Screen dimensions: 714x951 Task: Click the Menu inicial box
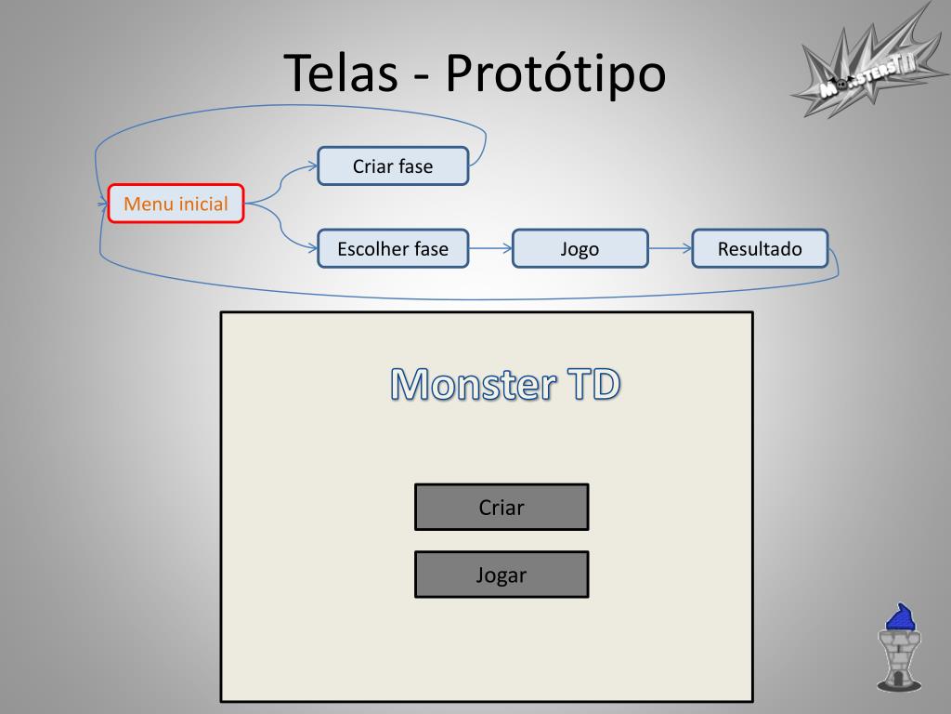(x=176, y=204)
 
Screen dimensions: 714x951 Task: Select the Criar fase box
(x=392, y=166)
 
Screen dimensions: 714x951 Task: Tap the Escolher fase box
(x=392, y=248)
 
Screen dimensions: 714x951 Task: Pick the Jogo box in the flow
(x=580, y=248)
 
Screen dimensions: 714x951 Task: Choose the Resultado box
(x=759, y=248)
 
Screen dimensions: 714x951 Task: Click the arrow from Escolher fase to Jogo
(x=490, y=248)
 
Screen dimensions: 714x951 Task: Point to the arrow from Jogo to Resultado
(x=670, y=248)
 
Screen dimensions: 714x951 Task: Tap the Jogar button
(x=501, y=575)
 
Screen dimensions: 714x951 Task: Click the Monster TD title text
(x=504, y=384)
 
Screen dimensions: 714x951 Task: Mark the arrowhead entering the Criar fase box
(x=312, y=166)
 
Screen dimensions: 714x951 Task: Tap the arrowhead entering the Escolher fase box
(x=312, y=247)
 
